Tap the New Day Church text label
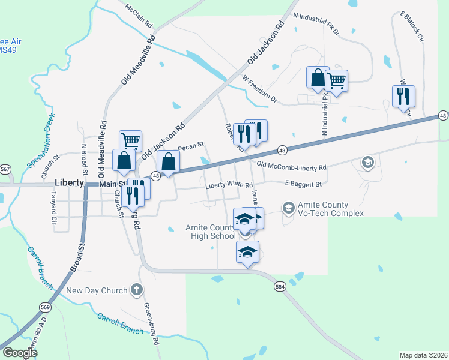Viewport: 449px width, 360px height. (x=97, y=291)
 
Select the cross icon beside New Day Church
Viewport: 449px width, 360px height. (x=137, y=290)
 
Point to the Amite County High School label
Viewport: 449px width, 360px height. (x=210, y=232)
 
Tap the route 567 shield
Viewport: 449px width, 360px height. (x=5, y=170)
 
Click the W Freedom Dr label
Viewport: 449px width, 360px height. (x=260, y=88)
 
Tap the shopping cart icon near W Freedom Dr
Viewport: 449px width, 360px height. (x=336, y=79)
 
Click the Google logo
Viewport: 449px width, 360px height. (x=20, y=353)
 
